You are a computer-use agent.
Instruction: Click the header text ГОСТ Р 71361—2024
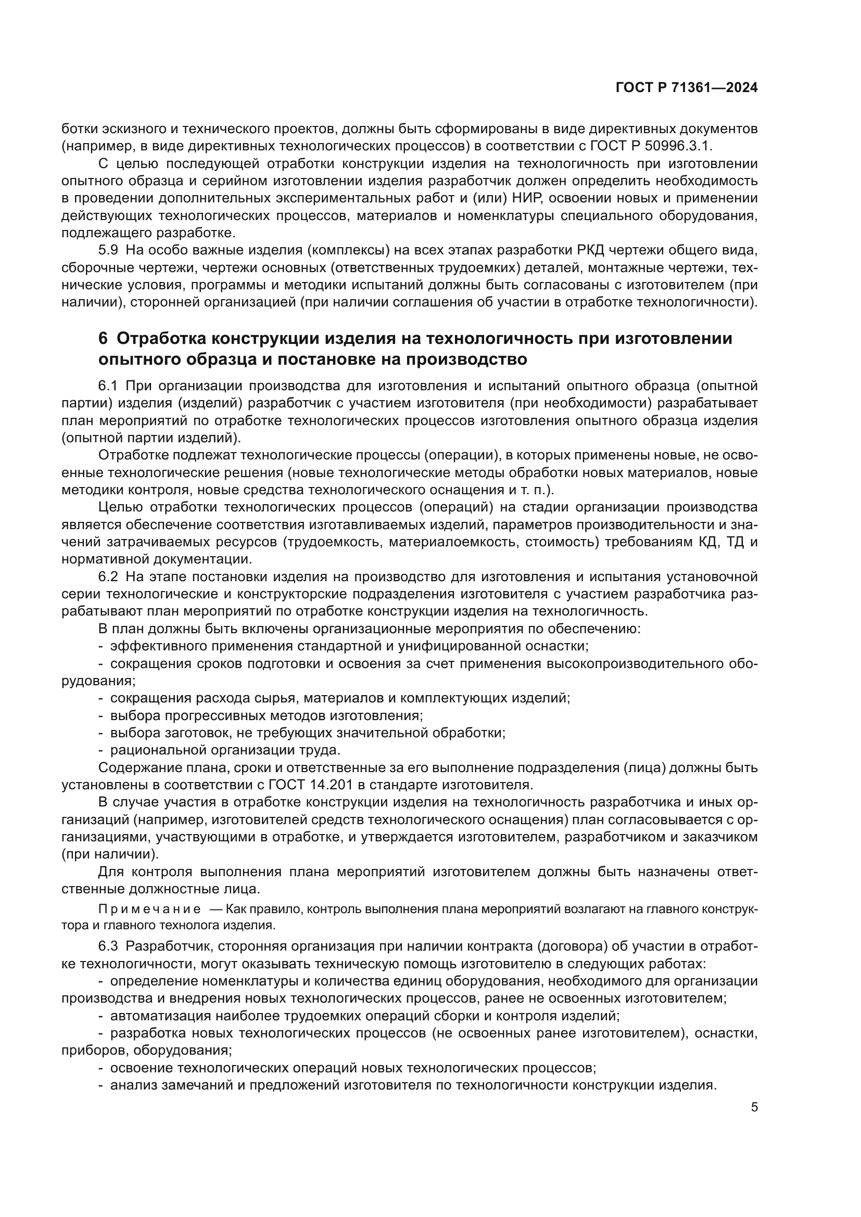point(686,88)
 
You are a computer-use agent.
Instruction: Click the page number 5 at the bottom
point(754,1107)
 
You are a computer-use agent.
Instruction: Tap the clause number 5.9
point(108,250)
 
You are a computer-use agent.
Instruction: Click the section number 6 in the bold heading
point(103,338)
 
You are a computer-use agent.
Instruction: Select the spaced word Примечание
point(150,909)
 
